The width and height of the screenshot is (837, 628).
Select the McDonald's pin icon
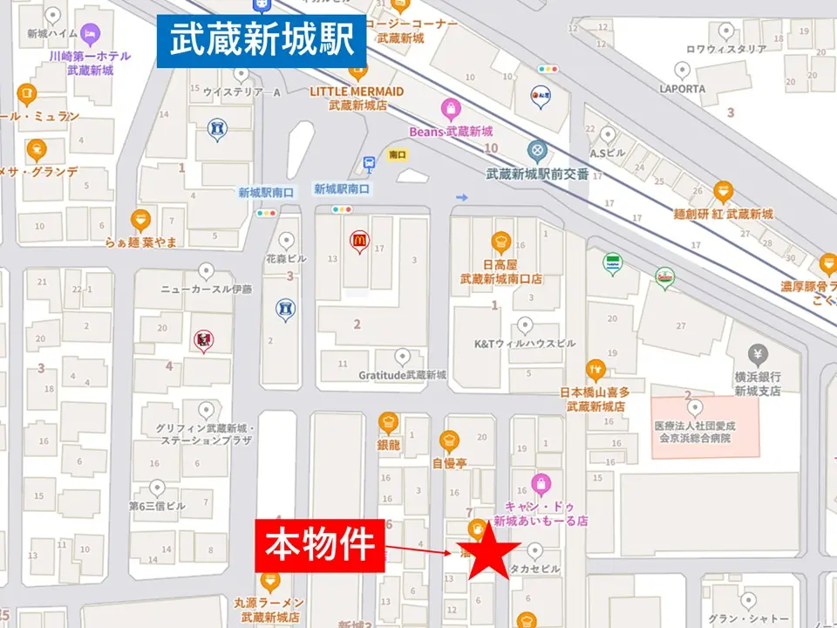[x=357, y=241]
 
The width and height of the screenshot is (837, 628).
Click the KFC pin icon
[x=202, y=340]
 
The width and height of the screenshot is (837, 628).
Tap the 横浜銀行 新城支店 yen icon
[x=758, y=354]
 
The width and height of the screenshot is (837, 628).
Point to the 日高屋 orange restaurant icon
[x=500, y=241]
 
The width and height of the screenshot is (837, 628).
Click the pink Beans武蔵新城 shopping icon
[x=451, y=109]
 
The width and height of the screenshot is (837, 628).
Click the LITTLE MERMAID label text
[x=357, y=92]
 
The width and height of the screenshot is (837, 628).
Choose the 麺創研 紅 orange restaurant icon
[x=723, y=191]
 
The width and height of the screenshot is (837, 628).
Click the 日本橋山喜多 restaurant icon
[x=595, y=370]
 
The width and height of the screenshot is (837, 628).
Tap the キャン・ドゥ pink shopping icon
[x=541, y=483]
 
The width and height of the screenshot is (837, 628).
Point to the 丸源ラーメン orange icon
[x=269, y=581]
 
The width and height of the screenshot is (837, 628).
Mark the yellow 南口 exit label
[x=398, y=154]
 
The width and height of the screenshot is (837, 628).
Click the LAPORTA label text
[x=682, y=89]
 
